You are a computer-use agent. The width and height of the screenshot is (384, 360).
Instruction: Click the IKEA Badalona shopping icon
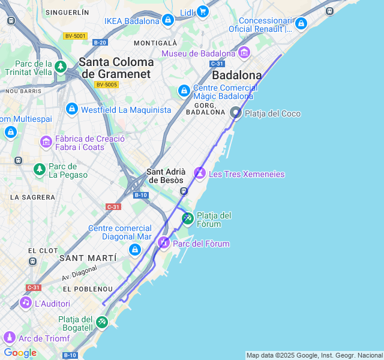tap(168, 20)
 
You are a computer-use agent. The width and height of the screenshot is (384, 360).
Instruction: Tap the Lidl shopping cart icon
tap(203, 11)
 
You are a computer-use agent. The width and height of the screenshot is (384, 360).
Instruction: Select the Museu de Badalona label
tap(199, 53)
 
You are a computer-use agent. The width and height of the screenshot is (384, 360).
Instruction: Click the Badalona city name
tap(237, 76)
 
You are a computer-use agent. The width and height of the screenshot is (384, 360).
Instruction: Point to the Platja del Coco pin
tap(236, 112)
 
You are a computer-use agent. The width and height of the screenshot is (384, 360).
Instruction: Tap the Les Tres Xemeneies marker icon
tap(200, 173)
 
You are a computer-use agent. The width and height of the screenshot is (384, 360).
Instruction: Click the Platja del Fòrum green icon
tap(188, 218)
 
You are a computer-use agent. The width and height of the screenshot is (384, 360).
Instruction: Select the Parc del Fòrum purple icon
tap(164, 242)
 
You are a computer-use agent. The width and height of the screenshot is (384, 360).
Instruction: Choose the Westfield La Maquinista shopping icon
tap(72, 109)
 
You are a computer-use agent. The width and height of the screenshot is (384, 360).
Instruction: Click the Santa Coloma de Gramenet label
tap(116, 67)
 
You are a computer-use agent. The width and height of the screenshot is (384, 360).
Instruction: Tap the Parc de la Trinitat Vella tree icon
tap(60, 67)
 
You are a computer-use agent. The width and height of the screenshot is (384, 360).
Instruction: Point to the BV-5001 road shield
tap(75, 36)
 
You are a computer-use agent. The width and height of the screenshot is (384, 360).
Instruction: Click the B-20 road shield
tap(100, 42)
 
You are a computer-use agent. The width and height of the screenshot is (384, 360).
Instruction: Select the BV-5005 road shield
tap(106, 85)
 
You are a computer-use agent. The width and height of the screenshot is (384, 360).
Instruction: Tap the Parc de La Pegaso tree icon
tap(40, 170)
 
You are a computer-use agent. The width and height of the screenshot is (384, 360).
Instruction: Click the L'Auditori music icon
tap(25, 302)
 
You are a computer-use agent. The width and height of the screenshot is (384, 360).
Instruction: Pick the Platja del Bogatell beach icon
tap(101, 322)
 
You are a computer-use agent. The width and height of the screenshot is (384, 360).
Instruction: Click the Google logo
tap(20, 352)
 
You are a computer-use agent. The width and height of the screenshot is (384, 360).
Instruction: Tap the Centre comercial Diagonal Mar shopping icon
tap(135, 250)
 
